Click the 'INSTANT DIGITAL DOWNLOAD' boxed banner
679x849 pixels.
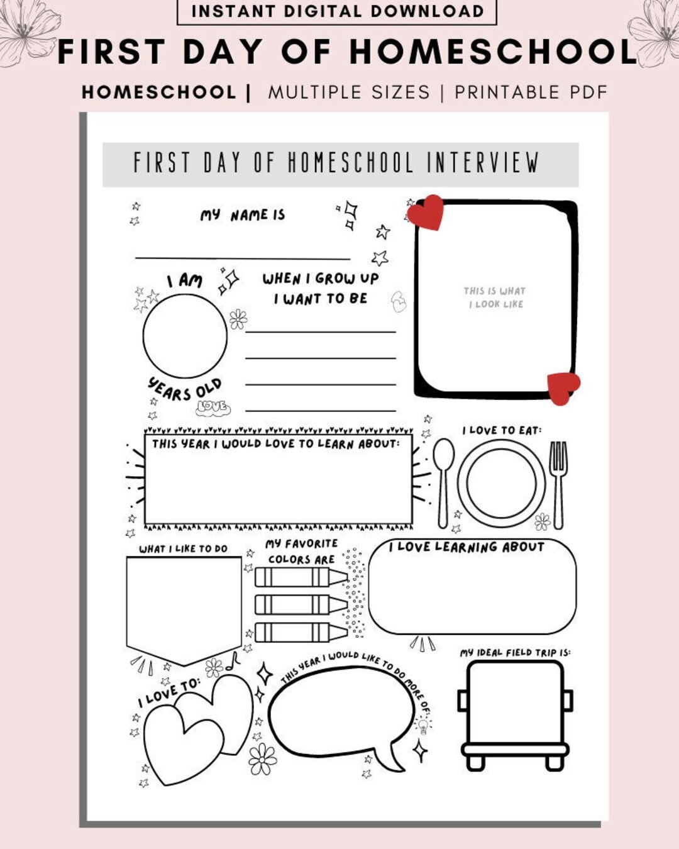click(x=337, y=11)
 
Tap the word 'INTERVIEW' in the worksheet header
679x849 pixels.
click(x=483, y=163)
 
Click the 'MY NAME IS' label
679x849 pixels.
click(x=243, y=215)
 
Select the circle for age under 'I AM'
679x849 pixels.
click(x=185, y=336)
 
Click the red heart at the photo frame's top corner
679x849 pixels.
click(x=426, y=212)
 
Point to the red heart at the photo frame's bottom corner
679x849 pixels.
click(x=563, y=387)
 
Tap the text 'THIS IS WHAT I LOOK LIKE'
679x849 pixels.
click(x=495, y=297)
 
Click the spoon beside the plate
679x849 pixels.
click(x=443, y=481)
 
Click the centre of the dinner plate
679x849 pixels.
click(x=501, y=484)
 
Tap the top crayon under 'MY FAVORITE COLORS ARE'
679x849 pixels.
click(x=301, y=577)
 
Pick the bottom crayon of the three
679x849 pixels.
click(x=301, y=631)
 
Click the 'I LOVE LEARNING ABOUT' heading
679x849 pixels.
click(x=466, y=547)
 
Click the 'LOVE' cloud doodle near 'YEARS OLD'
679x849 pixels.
click(x=213, y=408)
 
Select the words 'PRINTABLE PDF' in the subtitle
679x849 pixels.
click(x=531, y=92)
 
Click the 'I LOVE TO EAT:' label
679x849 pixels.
click(x=502, y=430)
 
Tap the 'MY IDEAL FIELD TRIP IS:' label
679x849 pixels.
click(x=515, y=653)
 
